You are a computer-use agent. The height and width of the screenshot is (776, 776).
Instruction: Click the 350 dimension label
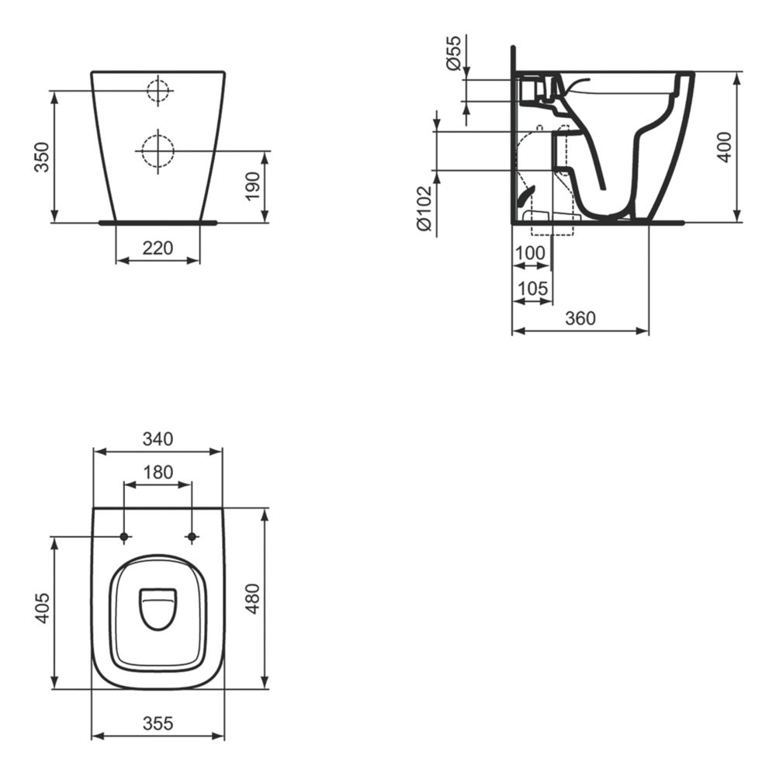(43, 157)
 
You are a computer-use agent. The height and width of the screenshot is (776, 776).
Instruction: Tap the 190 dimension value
(252, 186)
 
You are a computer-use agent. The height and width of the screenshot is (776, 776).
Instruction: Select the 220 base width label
(158, 248)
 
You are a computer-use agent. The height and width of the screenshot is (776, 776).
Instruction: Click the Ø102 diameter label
(424, 208)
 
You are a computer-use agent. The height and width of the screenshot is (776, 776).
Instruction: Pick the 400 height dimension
(725, 147)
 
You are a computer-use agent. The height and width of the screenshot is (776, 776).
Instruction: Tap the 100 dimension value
(530, 253)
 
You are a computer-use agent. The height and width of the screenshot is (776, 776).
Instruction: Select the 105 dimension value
(532, 288)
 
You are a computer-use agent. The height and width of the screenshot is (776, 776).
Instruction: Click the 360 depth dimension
(580, 318)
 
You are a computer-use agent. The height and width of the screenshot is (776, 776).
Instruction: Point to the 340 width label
(158, 438)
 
